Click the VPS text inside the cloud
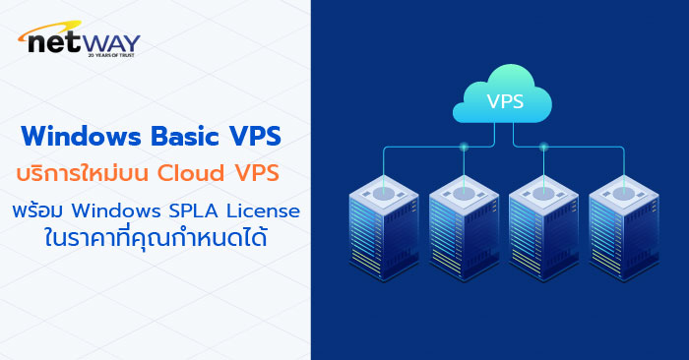click(x=505, y=100)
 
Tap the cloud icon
click(x=505, y=95)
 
